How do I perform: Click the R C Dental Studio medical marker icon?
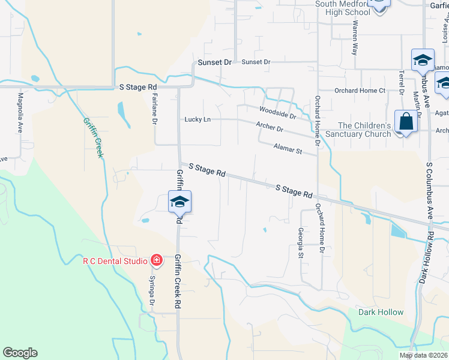tap(157, 260)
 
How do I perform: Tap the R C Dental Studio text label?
tap(115, 261)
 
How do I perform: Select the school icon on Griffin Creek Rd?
tap(179, 202)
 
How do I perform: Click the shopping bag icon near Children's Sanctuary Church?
tap(406, 121)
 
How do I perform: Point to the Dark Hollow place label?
tap(381, 313)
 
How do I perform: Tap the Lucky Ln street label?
tap(198, 119)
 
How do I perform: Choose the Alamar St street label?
tap(288, 148)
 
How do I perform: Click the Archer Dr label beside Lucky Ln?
tap(269, 127)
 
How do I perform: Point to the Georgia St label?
tap(301, 243)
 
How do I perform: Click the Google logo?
tap(20, 353)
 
